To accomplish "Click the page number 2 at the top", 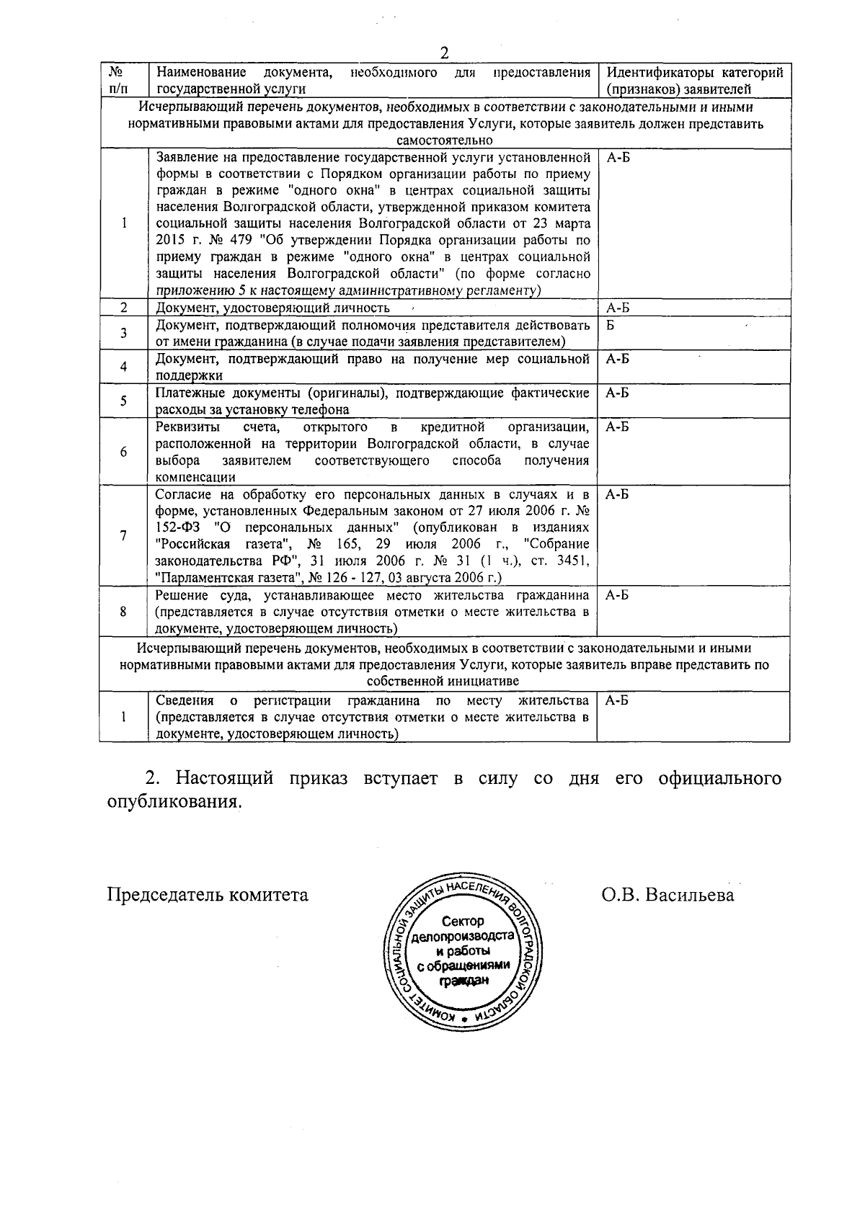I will pyautogui.click(x=443, y=53).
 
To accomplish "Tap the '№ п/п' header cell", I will pyautogui.click(x=123, y=81).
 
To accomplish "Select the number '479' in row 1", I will pyautogui.click(x=227, y=241).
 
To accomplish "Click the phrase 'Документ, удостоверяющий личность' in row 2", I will pyautogui.click(x=272, y=308).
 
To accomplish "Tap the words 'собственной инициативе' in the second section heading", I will pyautogui.click(x=443, y=681).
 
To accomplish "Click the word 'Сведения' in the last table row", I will pyautogui.click(x=185, y=701).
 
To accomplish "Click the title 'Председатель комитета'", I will pyautogui.click(x=208, y=895).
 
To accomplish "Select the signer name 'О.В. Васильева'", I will pyautogui.click(x=668, y=895).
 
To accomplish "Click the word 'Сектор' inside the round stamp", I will pyautogui.click(x=463, y=921).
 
